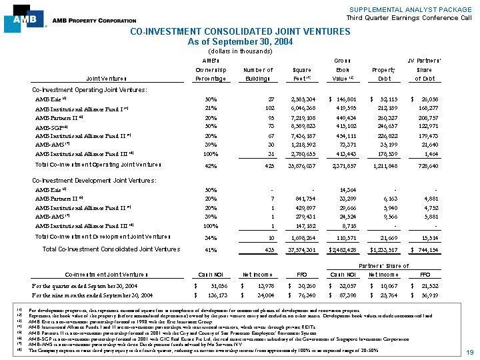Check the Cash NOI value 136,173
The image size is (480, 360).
(217, 294)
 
